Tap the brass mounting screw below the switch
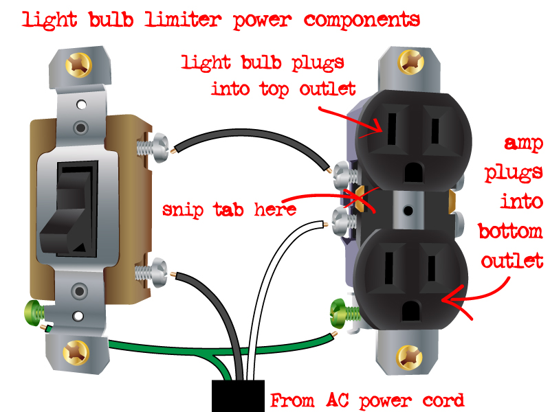74,353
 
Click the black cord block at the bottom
238,396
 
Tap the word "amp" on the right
524,145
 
